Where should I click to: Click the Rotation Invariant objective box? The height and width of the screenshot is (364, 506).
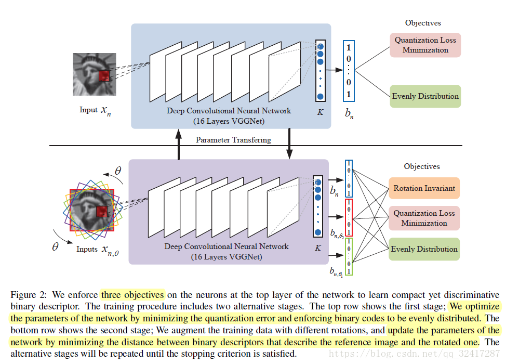[424, 188]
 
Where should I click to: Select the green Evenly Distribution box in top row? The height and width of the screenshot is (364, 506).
[425, 96]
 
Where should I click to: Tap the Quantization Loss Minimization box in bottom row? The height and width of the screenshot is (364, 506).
[424, 218]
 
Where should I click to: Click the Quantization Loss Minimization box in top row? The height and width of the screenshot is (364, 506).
[425, 45]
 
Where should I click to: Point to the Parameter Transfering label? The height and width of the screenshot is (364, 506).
[233, 140]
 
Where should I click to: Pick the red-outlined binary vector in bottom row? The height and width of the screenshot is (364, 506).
[349, 217]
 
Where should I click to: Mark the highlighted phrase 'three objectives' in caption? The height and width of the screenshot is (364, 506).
[132, 295]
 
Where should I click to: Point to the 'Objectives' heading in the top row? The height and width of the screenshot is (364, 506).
[423, 23]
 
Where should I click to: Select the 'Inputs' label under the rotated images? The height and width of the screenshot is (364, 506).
[87, 249]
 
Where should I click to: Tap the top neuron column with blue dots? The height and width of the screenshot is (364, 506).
[320, 70]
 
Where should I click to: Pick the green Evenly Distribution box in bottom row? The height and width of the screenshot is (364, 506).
[424, 249]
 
